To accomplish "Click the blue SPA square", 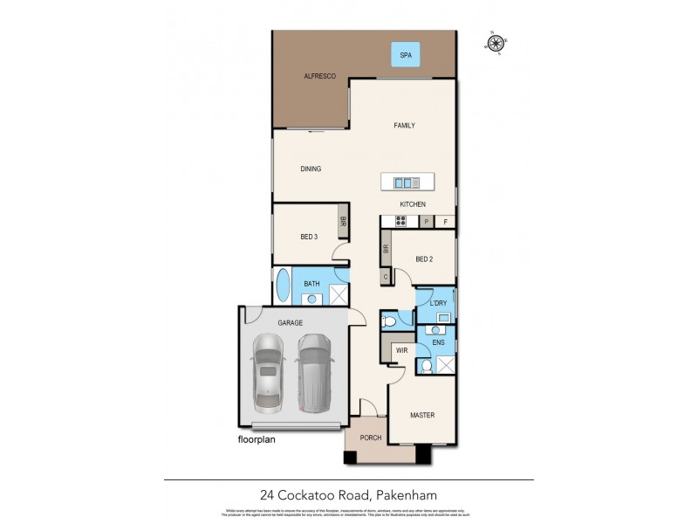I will click(405, 55).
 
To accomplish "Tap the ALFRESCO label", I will click(319, 77).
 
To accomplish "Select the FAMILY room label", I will click(403, 126).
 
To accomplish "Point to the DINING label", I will click(311, 169).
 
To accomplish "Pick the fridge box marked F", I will click(445, 222).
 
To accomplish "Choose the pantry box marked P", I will click(427, 222).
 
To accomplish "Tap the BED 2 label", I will click(424, 259).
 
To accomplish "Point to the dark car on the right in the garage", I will click(314, 372).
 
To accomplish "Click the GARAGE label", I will click(290, 322).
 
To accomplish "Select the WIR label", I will click(401, 350).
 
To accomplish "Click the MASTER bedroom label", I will click(422, 415).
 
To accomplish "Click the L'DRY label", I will click(438, 303).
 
